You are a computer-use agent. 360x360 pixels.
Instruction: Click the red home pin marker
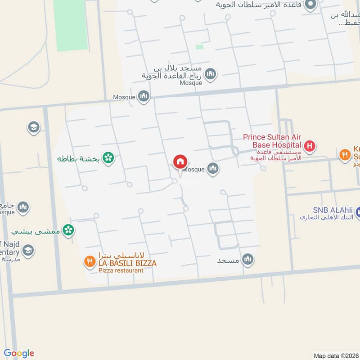(x=180, y=162)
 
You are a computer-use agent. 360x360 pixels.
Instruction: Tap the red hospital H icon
(x=309, y=146)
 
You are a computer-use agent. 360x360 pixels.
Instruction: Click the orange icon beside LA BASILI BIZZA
(x=89, y=261)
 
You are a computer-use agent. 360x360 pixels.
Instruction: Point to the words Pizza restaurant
(x=121, y=270)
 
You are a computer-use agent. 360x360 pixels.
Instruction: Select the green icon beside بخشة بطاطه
(x=108, y=157)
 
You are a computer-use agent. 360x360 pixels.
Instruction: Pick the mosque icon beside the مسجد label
(x=247, y=259)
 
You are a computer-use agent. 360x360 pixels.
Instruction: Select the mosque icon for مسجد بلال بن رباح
(x=210, y=73)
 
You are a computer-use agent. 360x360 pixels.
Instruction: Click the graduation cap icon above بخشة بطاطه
(x=33, y=127)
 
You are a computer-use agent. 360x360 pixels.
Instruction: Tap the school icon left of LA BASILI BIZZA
(x=28, y=250)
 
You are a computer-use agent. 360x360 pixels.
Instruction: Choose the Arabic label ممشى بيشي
(x=36, y=232)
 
